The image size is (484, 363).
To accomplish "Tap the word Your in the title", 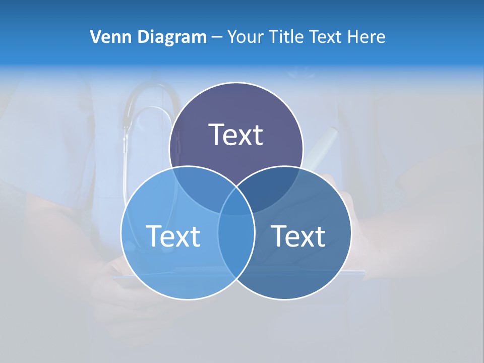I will pyautogui.click(x=245, y=37).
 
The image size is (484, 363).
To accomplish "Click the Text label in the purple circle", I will pyautogui.click(x=236, y=135).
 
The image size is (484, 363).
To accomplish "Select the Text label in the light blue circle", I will pyautogui.click(x=173, y=235).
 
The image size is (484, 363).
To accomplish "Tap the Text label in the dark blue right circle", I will pyautogui.click(x=298, y=235).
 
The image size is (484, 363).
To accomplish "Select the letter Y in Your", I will pyautogui.click(x=232, y=37).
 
